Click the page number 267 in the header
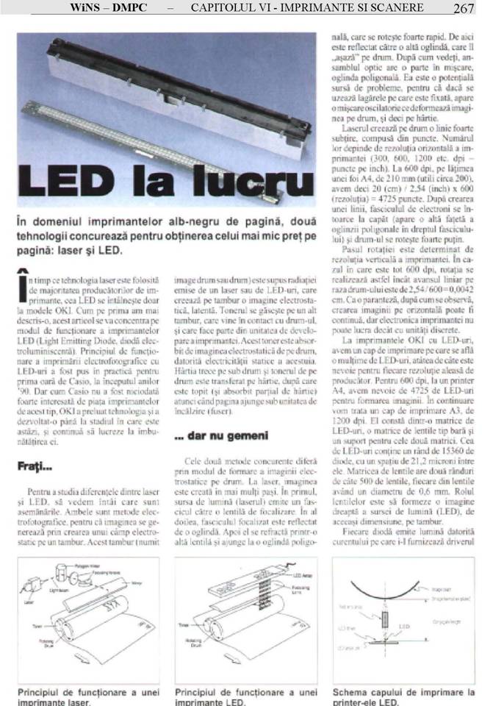point(464,9)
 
